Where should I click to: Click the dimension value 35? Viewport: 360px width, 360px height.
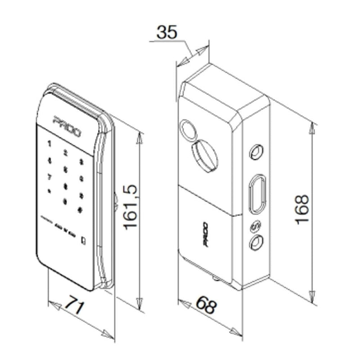tap(167, 32)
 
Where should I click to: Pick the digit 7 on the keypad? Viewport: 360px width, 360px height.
tap(49, 176)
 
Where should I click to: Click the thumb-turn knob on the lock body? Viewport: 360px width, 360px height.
tap(205, 155)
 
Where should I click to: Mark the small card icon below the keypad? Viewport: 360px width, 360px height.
tap(84, 240)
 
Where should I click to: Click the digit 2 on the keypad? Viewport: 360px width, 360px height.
tap(66, 153)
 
